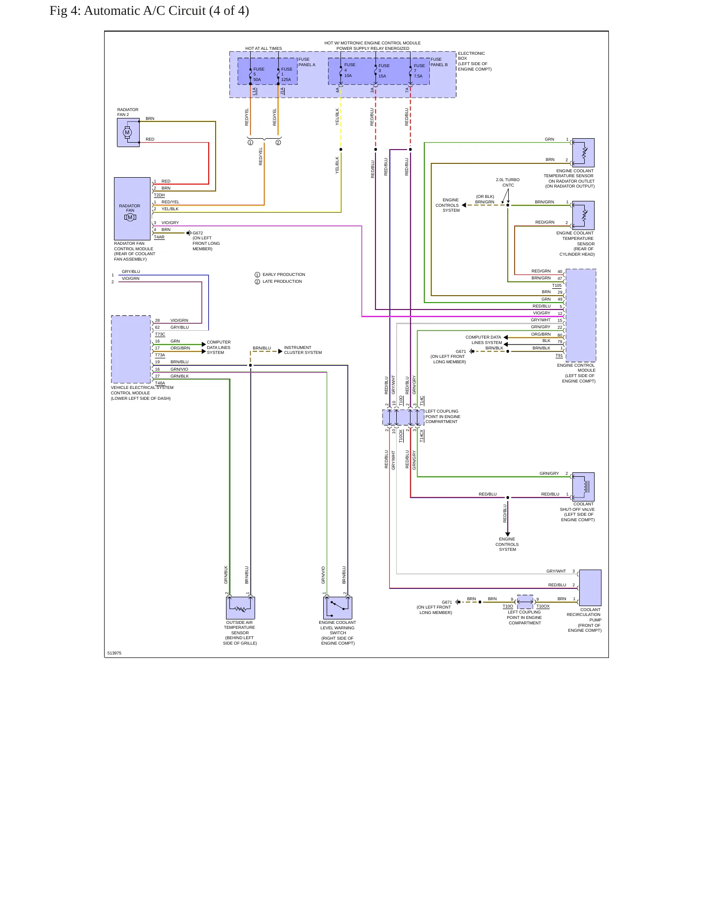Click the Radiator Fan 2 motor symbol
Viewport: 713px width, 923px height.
128,133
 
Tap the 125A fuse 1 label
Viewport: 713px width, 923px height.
286,74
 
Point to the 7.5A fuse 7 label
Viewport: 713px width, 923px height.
419,71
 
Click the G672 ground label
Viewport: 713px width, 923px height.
197,233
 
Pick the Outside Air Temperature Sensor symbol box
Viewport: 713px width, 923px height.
240,608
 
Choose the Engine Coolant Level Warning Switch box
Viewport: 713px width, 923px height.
338,608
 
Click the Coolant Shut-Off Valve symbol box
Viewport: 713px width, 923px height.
583,487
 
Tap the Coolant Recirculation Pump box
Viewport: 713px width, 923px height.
590,588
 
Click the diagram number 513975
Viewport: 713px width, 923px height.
114,653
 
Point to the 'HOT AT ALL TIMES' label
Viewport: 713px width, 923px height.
263,48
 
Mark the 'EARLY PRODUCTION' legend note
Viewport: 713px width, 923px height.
284,274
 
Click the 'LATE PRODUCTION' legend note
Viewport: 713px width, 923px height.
282,281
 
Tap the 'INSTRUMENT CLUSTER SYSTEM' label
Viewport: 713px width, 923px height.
303,350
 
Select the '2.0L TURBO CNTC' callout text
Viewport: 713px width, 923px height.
508,183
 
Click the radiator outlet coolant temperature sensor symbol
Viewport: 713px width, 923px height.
583,153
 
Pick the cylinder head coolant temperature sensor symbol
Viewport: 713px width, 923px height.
583,216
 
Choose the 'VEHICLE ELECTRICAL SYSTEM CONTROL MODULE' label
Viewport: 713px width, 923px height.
142,390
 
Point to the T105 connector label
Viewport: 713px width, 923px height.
557,285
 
